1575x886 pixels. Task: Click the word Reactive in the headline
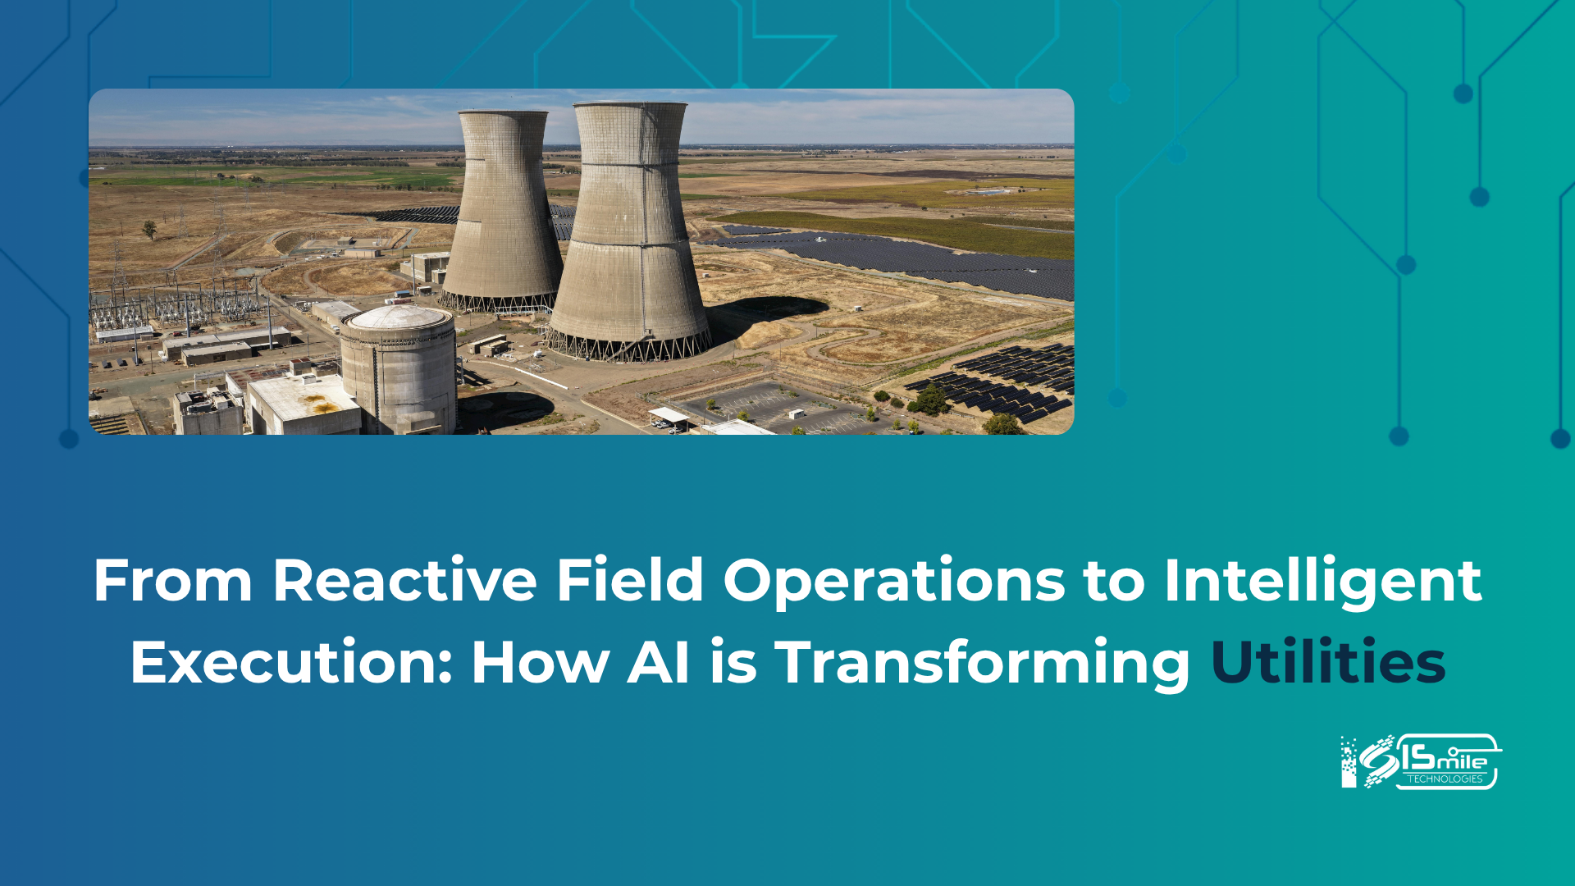[404, 581]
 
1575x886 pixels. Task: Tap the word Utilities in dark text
[1328, 662]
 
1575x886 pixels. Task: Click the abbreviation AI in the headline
[658, 662]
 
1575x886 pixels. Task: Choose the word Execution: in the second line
[291, 662]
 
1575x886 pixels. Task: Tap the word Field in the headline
[630, 581]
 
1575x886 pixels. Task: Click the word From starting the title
[173, 581]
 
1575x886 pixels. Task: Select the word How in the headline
[540, 662]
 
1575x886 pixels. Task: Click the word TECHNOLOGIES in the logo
[1445, 779]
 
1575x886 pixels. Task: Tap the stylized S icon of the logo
[1378, 761]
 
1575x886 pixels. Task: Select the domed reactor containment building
[398, 368]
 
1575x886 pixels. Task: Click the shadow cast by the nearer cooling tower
[767, 316]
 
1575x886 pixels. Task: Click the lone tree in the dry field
[149, 229]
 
